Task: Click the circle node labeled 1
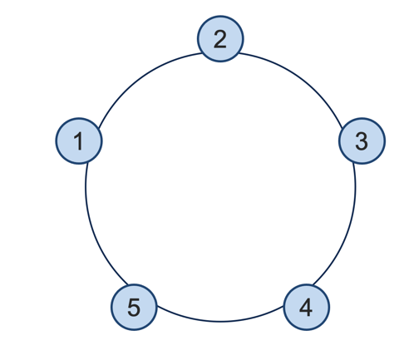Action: point(79,141)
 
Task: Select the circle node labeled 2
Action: point(220,39)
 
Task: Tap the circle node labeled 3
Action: point(362,141)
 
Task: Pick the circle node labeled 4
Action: point(307,307)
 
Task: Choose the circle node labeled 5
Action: point(134,307)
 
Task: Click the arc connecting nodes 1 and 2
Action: point(141,78)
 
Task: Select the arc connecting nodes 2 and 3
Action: point(299,78)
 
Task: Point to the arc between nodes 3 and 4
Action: point(348,229)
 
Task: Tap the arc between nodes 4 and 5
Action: point(220,322)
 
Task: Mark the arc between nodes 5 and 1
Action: point(93,229)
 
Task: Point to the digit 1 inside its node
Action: point(79,141)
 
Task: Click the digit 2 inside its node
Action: point(220,39)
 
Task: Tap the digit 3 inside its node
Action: point(362,141)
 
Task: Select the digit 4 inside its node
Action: point(306,307)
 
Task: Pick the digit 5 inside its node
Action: point(134,308)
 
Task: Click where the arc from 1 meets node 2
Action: point(202,53)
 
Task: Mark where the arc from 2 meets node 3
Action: point(342,128)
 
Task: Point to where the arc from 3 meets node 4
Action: point(313,284)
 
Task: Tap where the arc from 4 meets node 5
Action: point(157,307)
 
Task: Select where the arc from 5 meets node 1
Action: point(87,163)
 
